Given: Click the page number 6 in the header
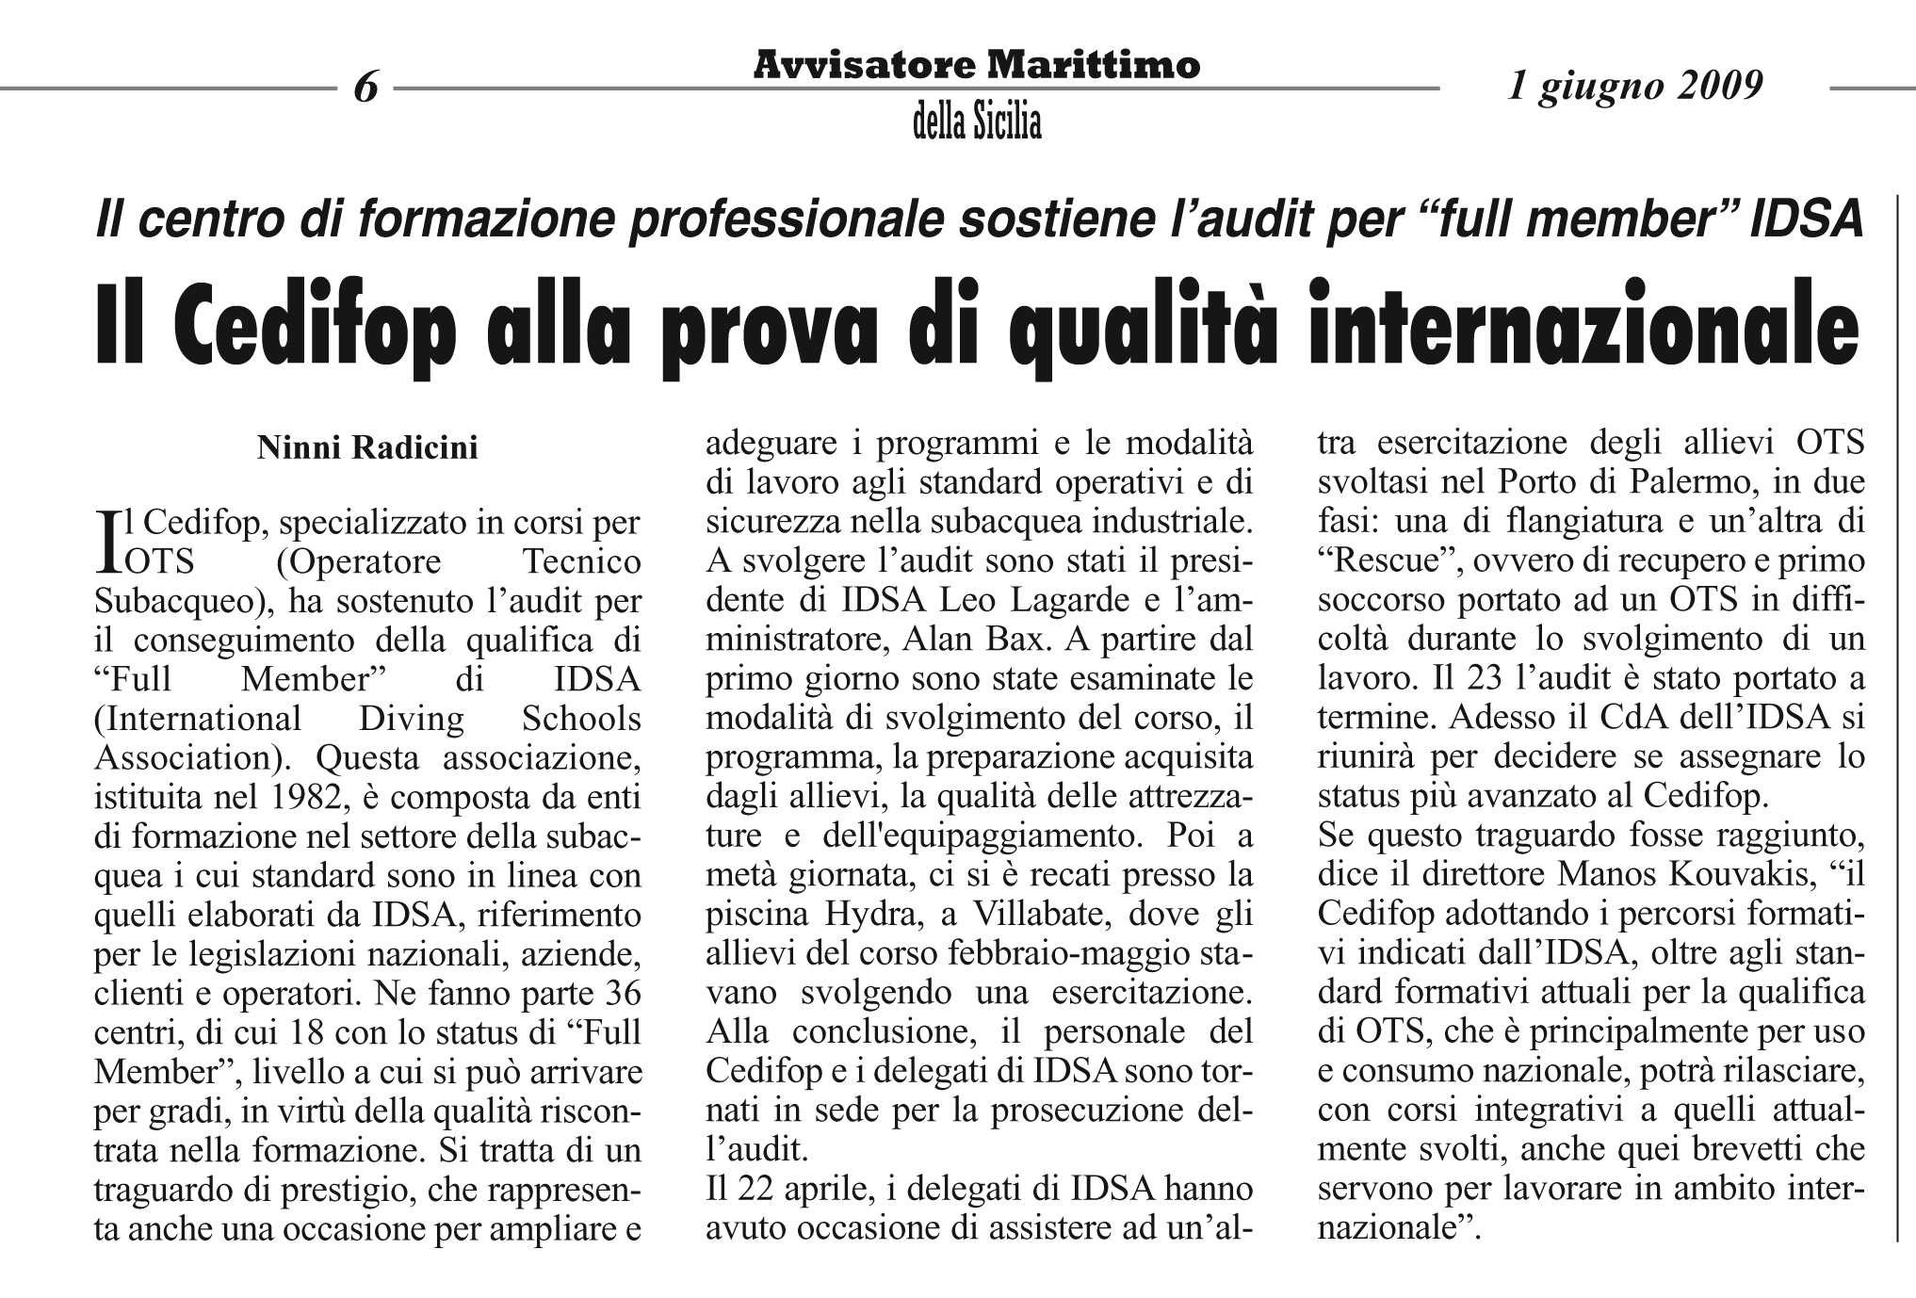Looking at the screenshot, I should coord(365,88).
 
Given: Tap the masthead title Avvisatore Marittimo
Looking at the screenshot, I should coord(977,65).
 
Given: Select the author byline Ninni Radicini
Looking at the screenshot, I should coord(367,448).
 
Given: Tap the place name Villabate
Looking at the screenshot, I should coord(1029,915).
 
